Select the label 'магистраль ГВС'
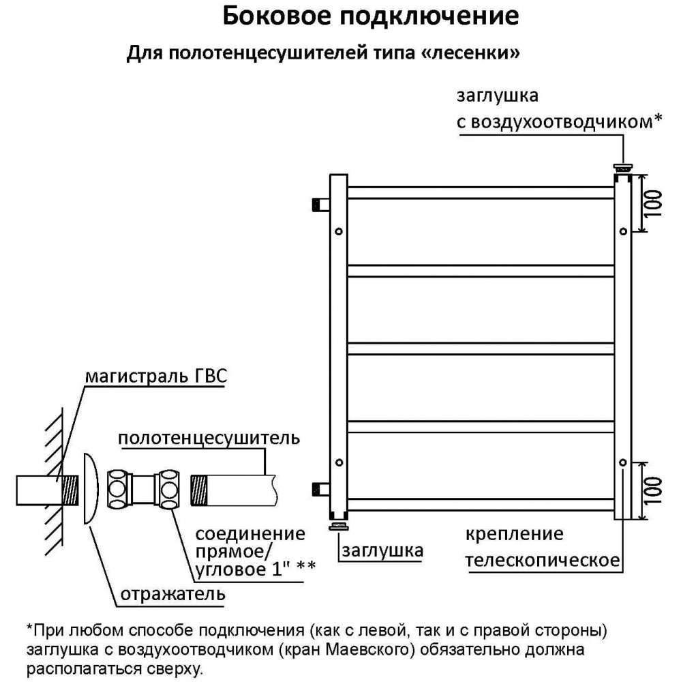156,376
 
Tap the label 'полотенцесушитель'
209,438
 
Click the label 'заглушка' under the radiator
382,550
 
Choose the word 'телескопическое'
542,561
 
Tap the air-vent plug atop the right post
622,166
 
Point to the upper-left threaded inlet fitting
319,203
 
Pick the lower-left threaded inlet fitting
319,488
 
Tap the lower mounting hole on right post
622,462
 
